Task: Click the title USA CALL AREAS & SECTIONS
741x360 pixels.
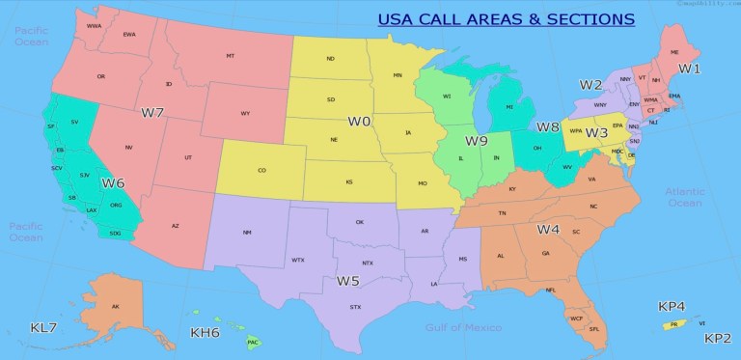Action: (505, 18)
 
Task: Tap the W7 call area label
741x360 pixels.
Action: (152, 113)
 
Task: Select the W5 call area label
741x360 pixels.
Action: (348, 281)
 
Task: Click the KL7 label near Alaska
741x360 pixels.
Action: (43, 328)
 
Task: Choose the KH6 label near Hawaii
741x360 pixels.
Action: (205, 333)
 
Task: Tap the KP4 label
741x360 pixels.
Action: (672, 306)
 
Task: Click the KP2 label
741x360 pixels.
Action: (718, 338)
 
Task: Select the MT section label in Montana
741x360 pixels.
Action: (231, 57)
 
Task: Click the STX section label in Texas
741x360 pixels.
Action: (355, 307)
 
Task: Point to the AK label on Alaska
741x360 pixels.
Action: (116, 307)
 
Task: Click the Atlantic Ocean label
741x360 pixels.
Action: (684, 197)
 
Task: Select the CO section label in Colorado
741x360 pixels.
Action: (261, 171)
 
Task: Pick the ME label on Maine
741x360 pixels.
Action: (673, 52)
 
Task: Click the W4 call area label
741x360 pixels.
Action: (548, 230)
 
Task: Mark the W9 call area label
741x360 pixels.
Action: (476, 141)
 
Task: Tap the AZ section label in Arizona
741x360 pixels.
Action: (176, 226)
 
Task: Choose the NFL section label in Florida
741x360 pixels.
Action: (551, 290)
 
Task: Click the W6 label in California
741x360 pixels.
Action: (113, 182)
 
